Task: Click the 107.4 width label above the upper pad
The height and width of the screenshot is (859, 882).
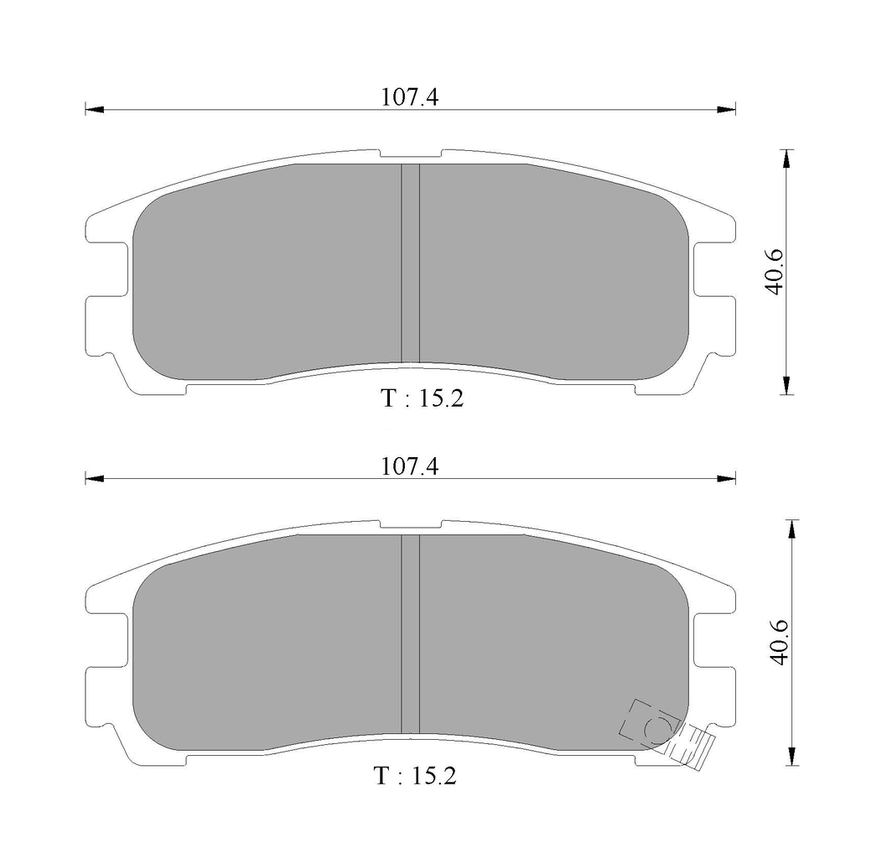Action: coord(409,97)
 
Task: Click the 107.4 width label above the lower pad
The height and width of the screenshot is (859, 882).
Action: coord(409,466)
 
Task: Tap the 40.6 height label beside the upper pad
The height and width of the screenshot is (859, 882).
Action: coord(776,271)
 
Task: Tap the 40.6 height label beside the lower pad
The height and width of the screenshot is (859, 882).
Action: coord(780,643)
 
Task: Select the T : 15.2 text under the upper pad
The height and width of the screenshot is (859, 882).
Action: coord(423,398)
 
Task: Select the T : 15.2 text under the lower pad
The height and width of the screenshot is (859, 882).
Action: coord(414,776)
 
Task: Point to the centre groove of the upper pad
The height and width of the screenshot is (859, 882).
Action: coord(410,263)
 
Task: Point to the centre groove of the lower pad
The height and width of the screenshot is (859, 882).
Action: coord(410,634)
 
